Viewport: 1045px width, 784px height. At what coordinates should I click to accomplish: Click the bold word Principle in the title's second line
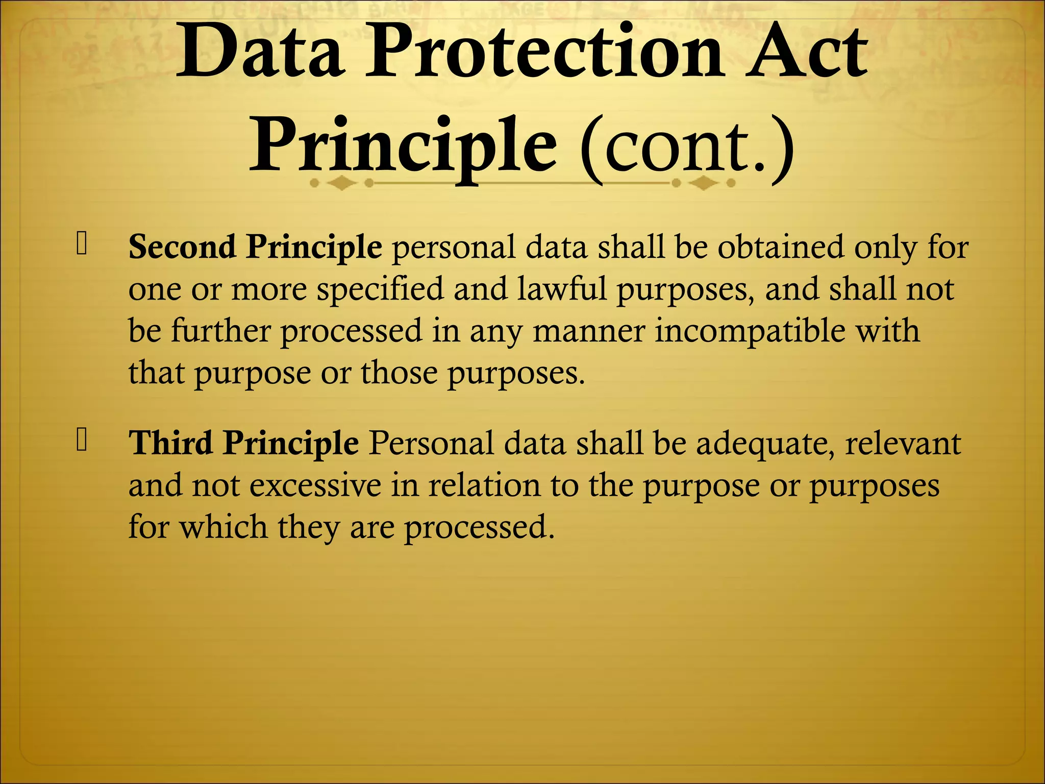point(403,145)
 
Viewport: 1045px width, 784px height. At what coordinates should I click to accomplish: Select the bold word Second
point(182,247)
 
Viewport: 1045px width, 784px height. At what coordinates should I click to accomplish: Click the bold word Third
point(170,443)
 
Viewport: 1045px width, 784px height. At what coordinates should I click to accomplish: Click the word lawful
point(562,289)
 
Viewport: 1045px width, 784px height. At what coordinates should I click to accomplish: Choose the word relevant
point(903,443)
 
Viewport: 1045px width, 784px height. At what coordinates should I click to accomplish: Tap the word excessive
point(315,485)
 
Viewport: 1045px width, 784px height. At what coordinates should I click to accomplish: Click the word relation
point(484,485)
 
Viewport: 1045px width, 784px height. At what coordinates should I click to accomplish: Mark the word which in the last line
point(223,527)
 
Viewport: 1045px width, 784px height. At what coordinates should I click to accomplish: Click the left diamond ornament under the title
point(341,183)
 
